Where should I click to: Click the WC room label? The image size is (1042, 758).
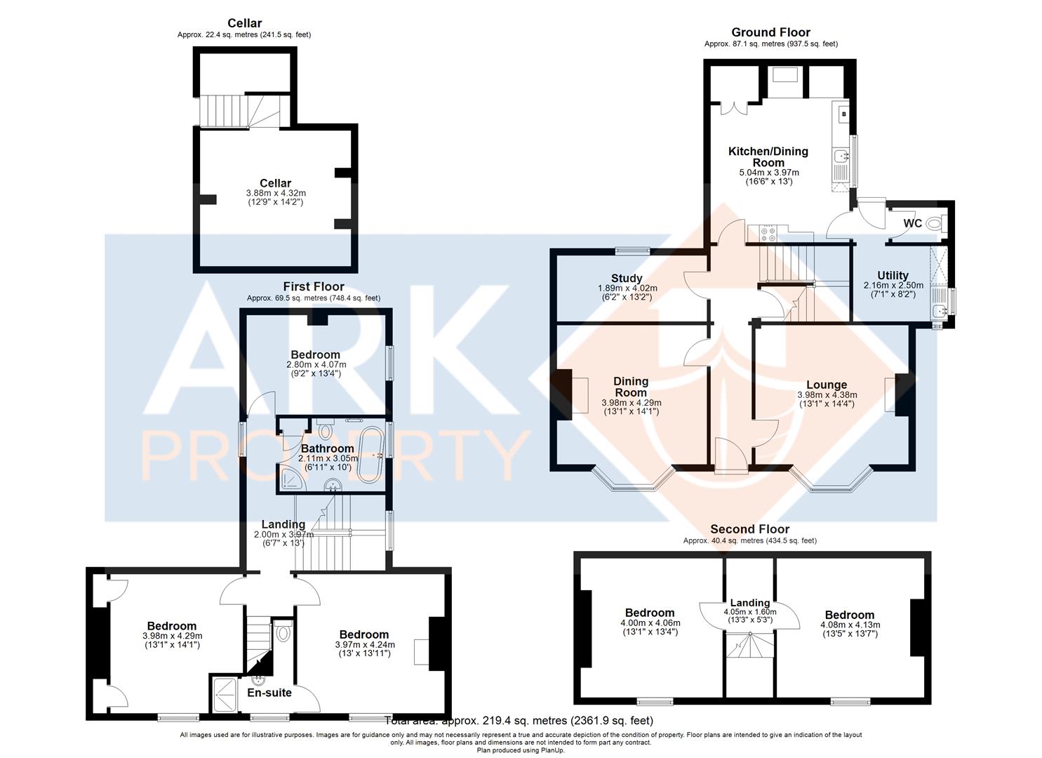click(912, 223)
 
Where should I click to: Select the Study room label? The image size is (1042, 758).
click(627, 278)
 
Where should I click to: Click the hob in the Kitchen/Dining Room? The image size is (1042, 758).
click(768, 233)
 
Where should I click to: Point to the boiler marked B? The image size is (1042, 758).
click(844, 114)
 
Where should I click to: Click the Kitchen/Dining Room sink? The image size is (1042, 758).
click(841, 156)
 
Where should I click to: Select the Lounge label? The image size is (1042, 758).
click(827, 385)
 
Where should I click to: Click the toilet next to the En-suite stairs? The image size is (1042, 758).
click(283, 632)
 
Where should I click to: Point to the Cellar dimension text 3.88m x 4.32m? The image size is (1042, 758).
click(276, 193)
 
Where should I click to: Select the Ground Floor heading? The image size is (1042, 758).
click(771, 32)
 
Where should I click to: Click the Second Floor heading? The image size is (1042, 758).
click(750, 529)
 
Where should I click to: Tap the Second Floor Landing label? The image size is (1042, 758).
click(750, 603)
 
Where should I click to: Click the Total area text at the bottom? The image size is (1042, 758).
click(519, 721)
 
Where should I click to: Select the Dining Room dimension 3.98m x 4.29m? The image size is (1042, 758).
click(632, 403)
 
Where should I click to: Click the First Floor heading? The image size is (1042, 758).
click(314, 286)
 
